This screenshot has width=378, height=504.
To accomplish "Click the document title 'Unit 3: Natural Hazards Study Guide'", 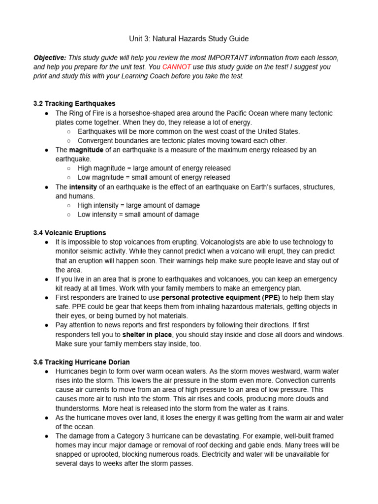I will click(x=189, y=38).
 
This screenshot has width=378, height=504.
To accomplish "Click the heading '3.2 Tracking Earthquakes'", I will click(x=74, y=104).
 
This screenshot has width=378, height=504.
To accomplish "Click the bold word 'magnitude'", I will click(x=86, y=150).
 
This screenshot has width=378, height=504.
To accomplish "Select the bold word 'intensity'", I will click(x=83, y=187).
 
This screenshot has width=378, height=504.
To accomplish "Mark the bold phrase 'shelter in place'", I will click(x=147, y=335).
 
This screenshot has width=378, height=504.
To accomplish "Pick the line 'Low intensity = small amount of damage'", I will click(x=138, y=215).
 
